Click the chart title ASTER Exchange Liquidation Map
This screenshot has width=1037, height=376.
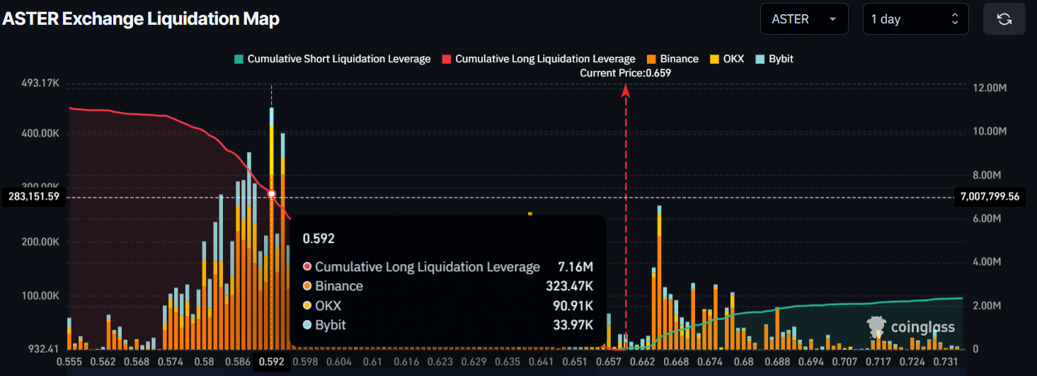(141, 19)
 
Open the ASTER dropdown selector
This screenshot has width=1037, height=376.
(803, 19)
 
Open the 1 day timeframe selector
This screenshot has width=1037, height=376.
(915, 19)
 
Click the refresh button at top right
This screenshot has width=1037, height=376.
(1004, 19)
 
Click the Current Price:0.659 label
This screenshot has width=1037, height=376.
(625, 73)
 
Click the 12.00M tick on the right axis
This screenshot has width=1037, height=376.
(990, 88)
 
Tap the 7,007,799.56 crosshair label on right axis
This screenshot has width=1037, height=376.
(989, 196)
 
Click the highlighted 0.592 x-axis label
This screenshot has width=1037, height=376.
(272, 362)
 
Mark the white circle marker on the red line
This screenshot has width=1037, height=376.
(272, 193)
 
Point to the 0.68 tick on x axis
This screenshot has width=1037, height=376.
(744, 362)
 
